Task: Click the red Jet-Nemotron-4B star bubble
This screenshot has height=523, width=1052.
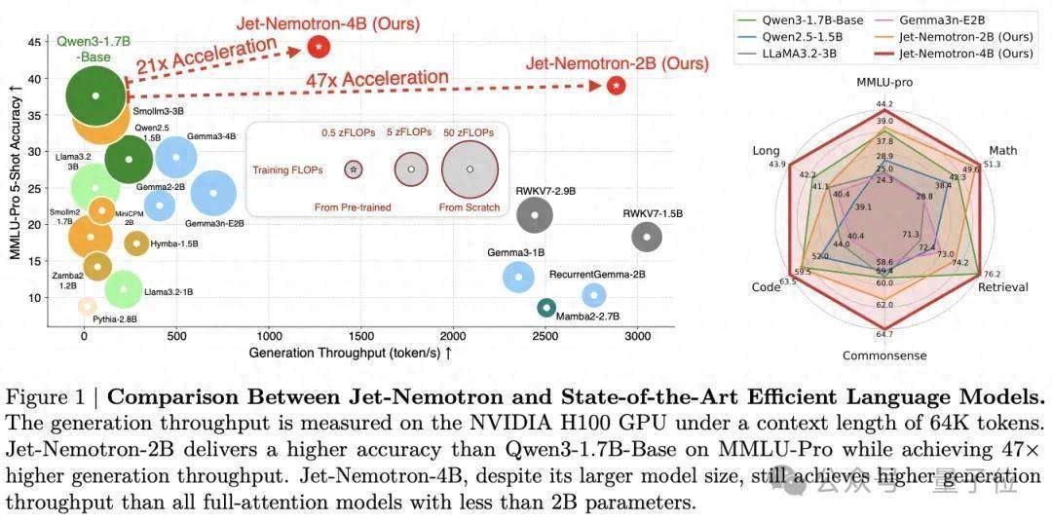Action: click(319, 46)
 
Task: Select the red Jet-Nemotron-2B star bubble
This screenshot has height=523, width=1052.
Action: click(616, 86)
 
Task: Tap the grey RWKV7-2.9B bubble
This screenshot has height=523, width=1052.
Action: click(535, 214)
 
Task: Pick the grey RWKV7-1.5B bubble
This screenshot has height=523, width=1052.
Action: click(647, 236)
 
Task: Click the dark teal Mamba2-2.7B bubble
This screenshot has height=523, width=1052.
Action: click(545, 308)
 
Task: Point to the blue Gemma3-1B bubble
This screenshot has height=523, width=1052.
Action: click(518, 277)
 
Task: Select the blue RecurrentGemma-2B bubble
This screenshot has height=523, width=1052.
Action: click(593, 294)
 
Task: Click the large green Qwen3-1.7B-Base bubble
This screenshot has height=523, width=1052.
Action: click(94, 95)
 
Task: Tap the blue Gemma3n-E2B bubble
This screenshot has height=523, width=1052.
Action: click(214, 193)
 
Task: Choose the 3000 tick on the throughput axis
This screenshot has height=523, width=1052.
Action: click(637, 336)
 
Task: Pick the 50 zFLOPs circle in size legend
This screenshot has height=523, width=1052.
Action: click(470, 168)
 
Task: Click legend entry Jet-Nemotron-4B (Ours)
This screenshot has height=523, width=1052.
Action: click(965, 54)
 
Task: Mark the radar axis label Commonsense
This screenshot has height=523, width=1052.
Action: click(884, 355)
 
